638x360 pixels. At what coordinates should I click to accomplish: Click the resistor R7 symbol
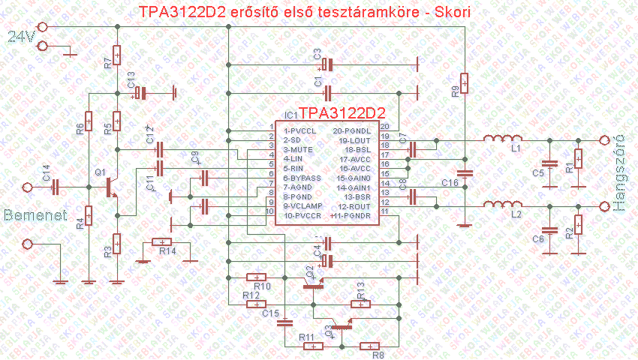(x=117, y=55)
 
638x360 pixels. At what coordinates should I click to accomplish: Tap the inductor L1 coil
(x=503, y=139)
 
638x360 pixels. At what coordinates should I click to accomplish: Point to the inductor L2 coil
(x=503, y=205)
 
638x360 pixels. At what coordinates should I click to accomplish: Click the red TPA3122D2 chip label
(x=342, y=113)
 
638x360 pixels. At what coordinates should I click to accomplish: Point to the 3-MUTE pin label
(x=297, y=149)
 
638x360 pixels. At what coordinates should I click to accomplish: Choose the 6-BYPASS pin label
(x=302, y=178)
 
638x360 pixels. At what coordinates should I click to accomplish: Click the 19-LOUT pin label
(x=355, y=140)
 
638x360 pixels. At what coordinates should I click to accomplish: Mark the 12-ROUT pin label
(x=355, y=207)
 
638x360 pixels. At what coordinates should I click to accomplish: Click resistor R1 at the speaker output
(x=578, y=160)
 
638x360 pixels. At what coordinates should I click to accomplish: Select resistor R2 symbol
(x=578, y=224)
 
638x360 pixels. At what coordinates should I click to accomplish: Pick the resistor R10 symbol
(x=257, y=276)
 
